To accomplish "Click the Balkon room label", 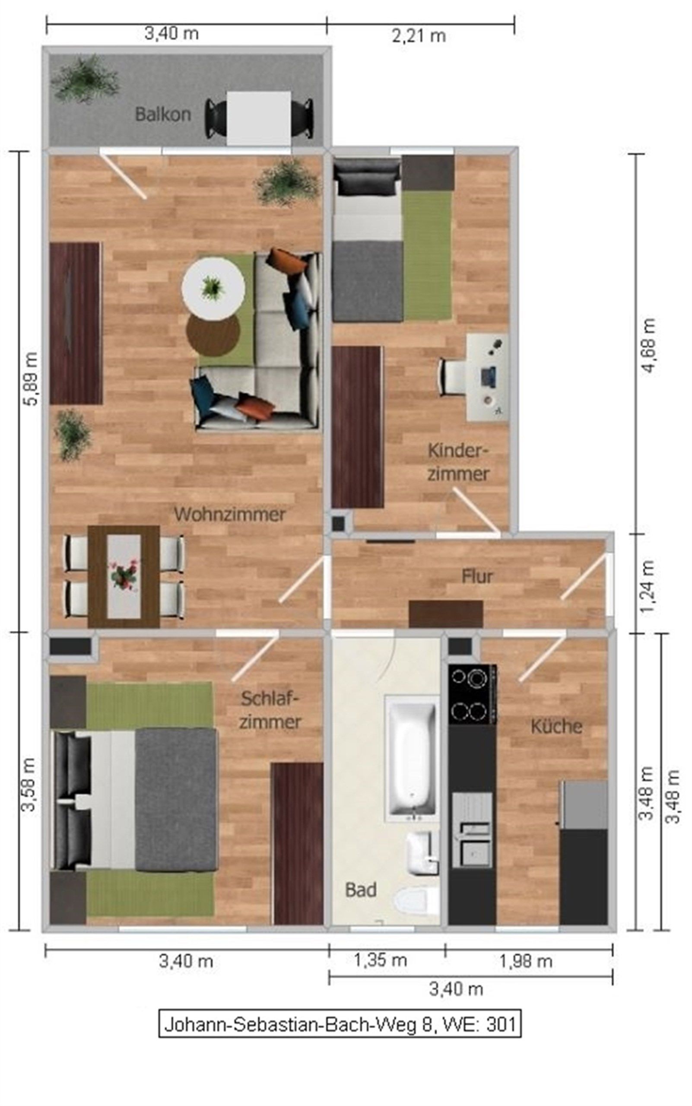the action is coord(163,114).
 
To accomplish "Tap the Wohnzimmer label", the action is coord(230,514).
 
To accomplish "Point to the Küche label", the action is coord(556,726).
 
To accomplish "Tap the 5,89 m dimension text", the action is coord(31,378).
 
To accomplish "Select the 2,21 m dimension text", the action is coord(419,36).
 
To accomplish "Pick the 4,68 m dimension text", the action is coord(648,346).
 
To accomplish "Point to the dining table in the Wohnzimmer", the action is coord(124,576).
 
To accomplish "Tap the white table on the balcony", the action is coord(259,118).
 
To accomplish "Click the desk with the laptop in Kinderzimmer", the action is coord(487,377).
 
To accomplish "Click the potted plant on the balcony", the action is coord(85,79).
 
